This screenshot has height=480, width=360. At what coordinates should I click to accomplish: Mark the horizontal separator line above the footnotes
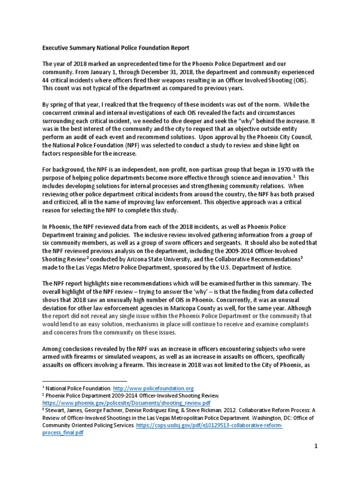click(x=84, y=381)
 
